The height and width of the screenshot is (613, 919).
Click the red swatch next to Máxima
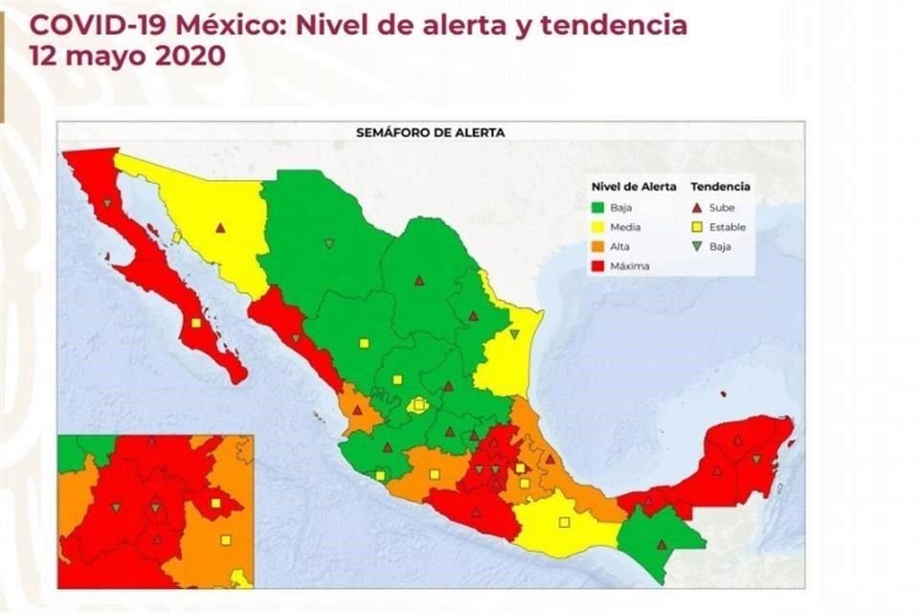[x=599, y=266]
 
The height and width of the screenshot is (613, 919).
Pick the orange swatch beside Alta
[x=599, y=247]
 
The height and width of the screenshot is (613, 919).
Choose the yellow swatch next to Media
[x=599, y=227]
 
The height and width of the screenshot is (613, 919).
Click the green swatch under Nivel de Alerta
[x=599, y=207]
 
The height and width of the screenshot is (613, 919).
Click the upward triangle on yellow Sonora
[x=220, y=228]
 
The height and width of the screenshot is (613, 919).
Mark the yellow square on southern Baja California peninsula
[x=196, y=323]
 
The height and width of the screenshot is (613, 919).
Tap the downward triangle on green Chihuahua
[x=329, y=243]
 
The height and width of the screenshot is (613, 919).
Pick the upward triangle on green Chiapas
[x=661, y=544]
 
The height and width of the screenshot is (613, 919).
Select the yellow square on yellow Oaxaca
[x=564, y=522]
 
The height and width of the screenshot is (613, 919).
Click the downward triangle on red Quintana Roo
[x=756, y=460]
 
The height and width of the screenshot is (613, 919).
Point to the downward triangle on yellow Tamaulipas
[x=514, y=333]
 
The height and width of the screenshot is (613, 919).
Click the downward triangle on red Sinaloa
[x=296, y=337]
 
